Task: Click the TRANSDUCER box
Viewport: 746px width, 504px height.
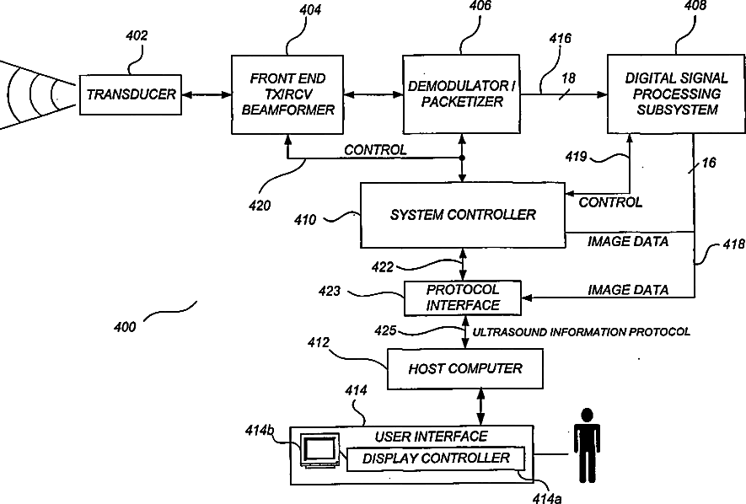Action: (131, 94)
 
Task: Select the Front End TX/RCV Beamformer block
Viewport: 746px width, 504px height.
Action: (287, 94)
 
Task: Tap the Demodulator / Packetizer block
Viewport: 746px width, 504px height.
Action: (461, 94)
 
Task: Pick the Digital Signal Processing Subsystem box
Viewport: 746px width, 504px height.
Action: (676, 94)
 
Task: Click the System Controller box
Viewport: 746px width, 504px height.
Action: (463, 216)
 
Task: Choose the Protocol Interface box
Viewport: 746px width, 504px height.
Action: (463, 298)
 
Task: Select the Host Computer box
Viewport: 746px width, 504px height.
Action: (464, 369)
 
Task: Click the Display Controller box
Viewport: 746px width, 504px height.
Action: (435, 458)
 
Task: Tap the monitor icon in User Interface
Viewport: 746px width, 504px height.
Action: (319, 450)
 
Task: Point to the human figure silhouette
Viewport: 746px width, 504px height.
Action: (587, 445)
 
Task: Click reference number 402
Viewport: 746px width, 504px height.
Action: (137, 35)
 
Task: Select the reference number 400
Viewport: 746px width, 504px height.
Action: (125, 327)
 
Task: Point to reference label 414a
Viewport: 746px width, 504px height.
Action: (547, 498)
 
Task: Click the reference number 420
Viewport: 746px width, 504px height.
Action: (260, 206)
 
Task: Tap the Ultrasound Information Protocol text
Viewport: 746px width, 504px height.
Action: (581, 332)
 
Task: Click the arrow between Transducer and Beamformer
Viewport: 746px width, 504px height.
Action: (207, 95)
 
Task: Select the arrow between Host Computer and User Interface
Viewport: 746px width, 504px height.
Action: (480, 407)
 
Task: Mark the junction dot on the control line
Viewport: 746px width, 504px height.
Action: (461, 158)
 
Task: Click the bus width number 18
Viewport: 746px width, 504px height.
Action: (568, 78)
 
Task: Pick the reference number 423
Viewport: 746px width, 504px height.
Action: (330, 291)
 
